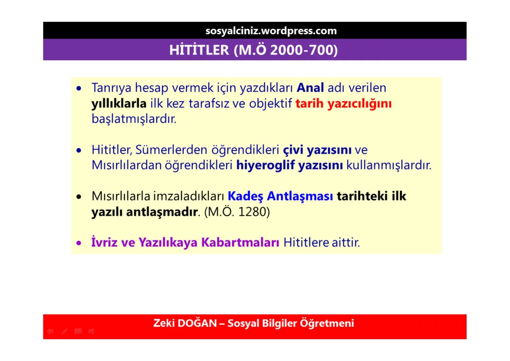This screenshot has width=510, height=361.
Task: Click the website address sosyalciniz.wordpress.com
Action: pyautogui.click(x=271, y=31)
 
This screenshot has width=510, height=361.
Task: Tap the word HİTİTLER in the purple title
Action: pyautogui.click(x=199, y=50)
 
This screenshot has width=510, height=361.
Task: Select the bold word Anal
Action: pyautogui.click(x=310, y=88)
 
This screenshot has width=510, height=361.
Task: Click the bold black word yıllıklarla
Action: pyautogui.click(x=119, y=104)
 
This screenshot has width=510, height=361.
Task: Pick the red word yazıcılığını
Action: pyautogui.click(x=359, y=104)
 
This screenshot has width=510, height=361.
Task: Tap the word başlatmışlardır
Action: pyautogui.click(x=134, y=119)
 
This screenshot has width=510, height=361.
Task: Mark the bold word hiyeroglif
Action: pyautogui.click(x=266, y=165)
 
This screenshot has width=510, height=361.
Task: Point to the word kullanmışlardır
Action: pyautogui.click(x=389, y=165)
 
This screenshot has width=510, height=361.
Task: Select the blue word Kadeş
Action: pyautogui.click(x=245, y=196)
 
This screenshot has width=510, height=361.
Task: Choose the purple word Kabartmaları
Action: pyautogui.click(x=240, y=242)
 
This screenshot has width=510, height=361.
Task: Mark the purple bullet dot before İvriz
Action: pyautogui.click(x=79, y=243)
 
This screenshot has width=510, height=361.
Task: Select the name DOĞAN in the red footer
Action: pyautogui.click(x=197, y=323)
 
